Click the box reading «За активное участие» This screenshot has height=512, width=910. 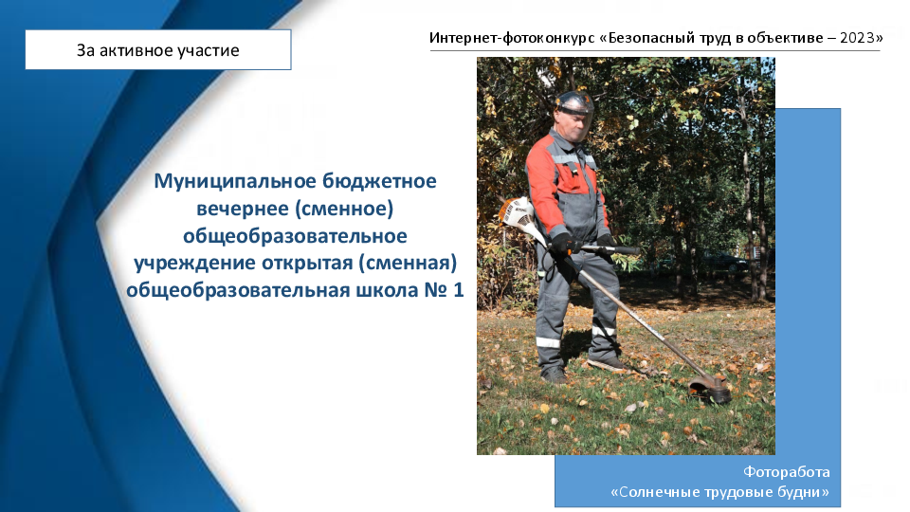(158, 50)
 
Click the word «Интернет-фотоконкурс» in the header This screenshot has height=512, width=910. (513, 38)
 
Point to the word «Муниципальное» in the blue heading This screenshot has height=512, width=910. (234, 181)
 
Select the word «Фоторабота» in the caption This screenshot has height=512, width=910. (787, 472)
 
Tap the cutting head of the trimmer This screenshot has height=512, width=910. (710, 389)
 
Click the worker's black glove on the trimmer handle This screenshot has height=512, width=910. (563, 244)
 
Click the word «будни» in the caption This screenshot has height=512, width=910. (806, 492)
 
